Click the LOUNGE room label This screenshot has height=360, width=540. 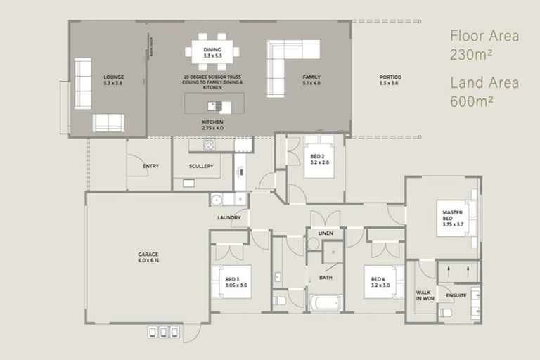point(113,77)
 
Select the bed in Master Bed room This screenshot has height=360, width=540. point(457,218)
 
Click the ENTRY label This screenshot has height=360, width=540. point(150,166)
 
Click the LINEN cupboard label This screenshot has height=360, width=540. point(326,233)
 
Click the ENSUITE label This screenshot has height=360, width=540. point(457,295)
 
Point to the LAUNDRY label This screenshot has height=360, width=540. point(229,217)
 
